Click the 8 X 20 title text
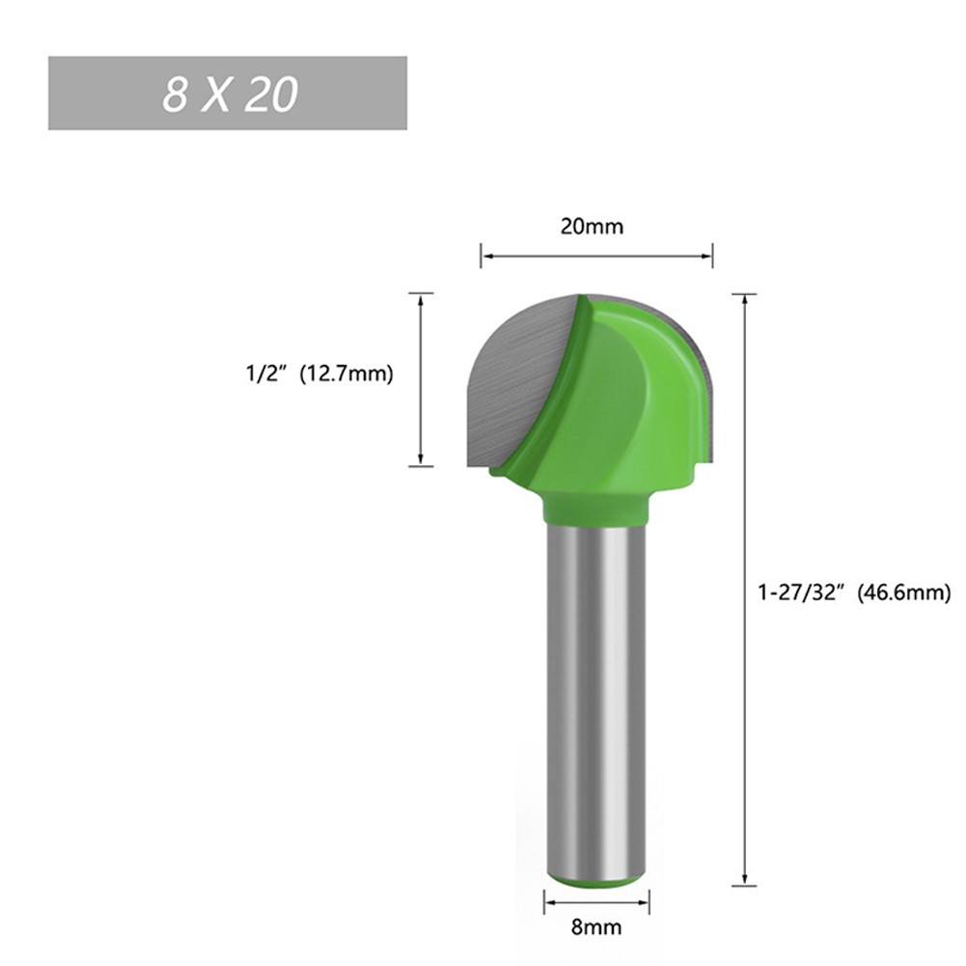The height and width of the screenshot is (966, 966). [x=229, y=94]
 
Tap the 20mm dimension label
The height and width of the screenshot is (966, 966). [x=592, y=227]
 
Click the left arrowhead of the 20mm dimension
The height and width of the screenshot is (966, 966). [x=485, y=256]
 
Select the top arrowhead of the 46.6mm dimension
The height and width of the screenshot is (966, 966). [x=744, y=298]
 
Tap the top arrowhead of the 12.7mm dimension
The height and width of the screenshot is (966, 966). [x=421, y=298]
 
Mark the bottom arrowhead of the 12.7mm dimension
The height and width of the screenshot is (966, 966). [x=421, y=460]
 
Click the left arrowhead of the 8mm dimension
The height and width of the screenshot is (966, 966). [x=548, y=903]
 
